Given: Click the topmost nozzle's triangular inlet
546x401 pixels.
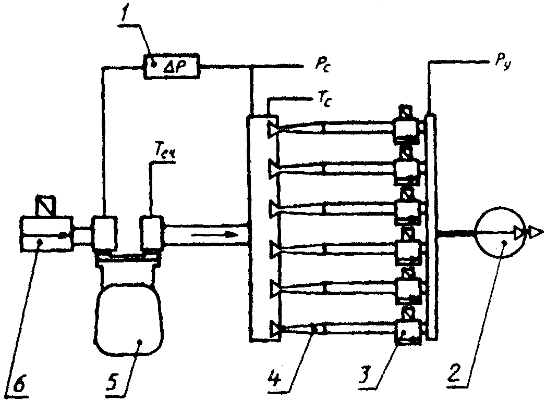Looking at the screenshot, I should click(x=273, y=128).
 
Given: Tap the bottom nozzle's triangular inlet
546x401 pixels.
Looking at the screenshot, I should click(x=273, y=329).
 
